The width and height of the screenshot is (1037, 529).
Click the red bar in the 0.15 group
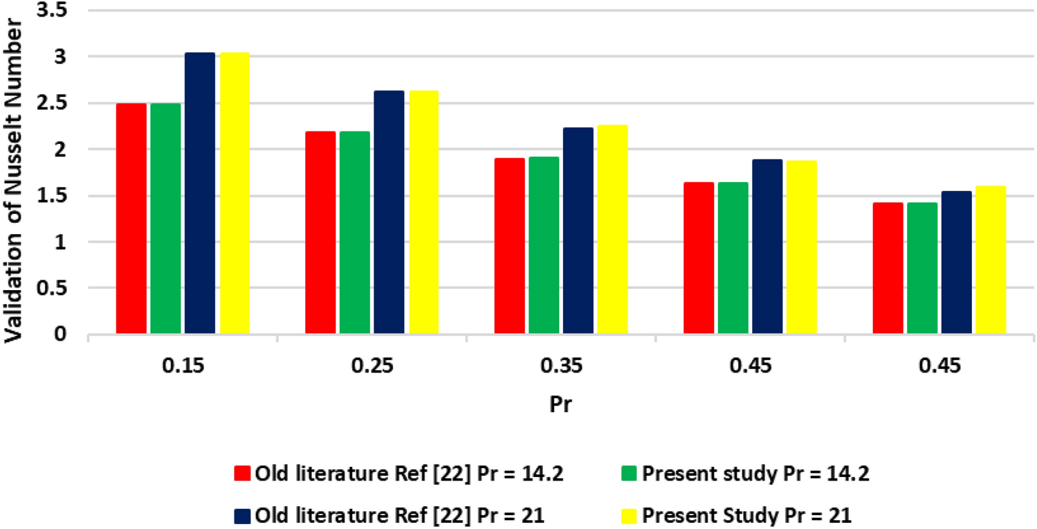pyautogui.click(x=131, y=219)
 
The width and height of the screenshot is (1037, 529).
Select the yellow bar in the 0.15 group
pyautogui.click(x=235, y=194)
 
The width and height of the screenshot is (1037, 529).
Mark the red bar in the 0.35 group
pyautogui.click(x=509, y=246)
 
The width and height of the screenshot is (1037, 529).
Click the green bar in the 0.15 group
pyautogui.click(x=165, y=219)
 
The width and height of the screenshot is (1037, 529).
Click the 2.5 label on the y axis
pyautogui.click(x=58, y=103)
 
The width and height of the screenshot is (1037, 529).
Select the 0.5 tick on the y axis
pyautogui.click(x=58, y=288)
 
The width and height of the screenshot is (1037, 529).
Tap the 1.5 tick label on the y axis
pyautogui.click(x=58, y=196)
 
